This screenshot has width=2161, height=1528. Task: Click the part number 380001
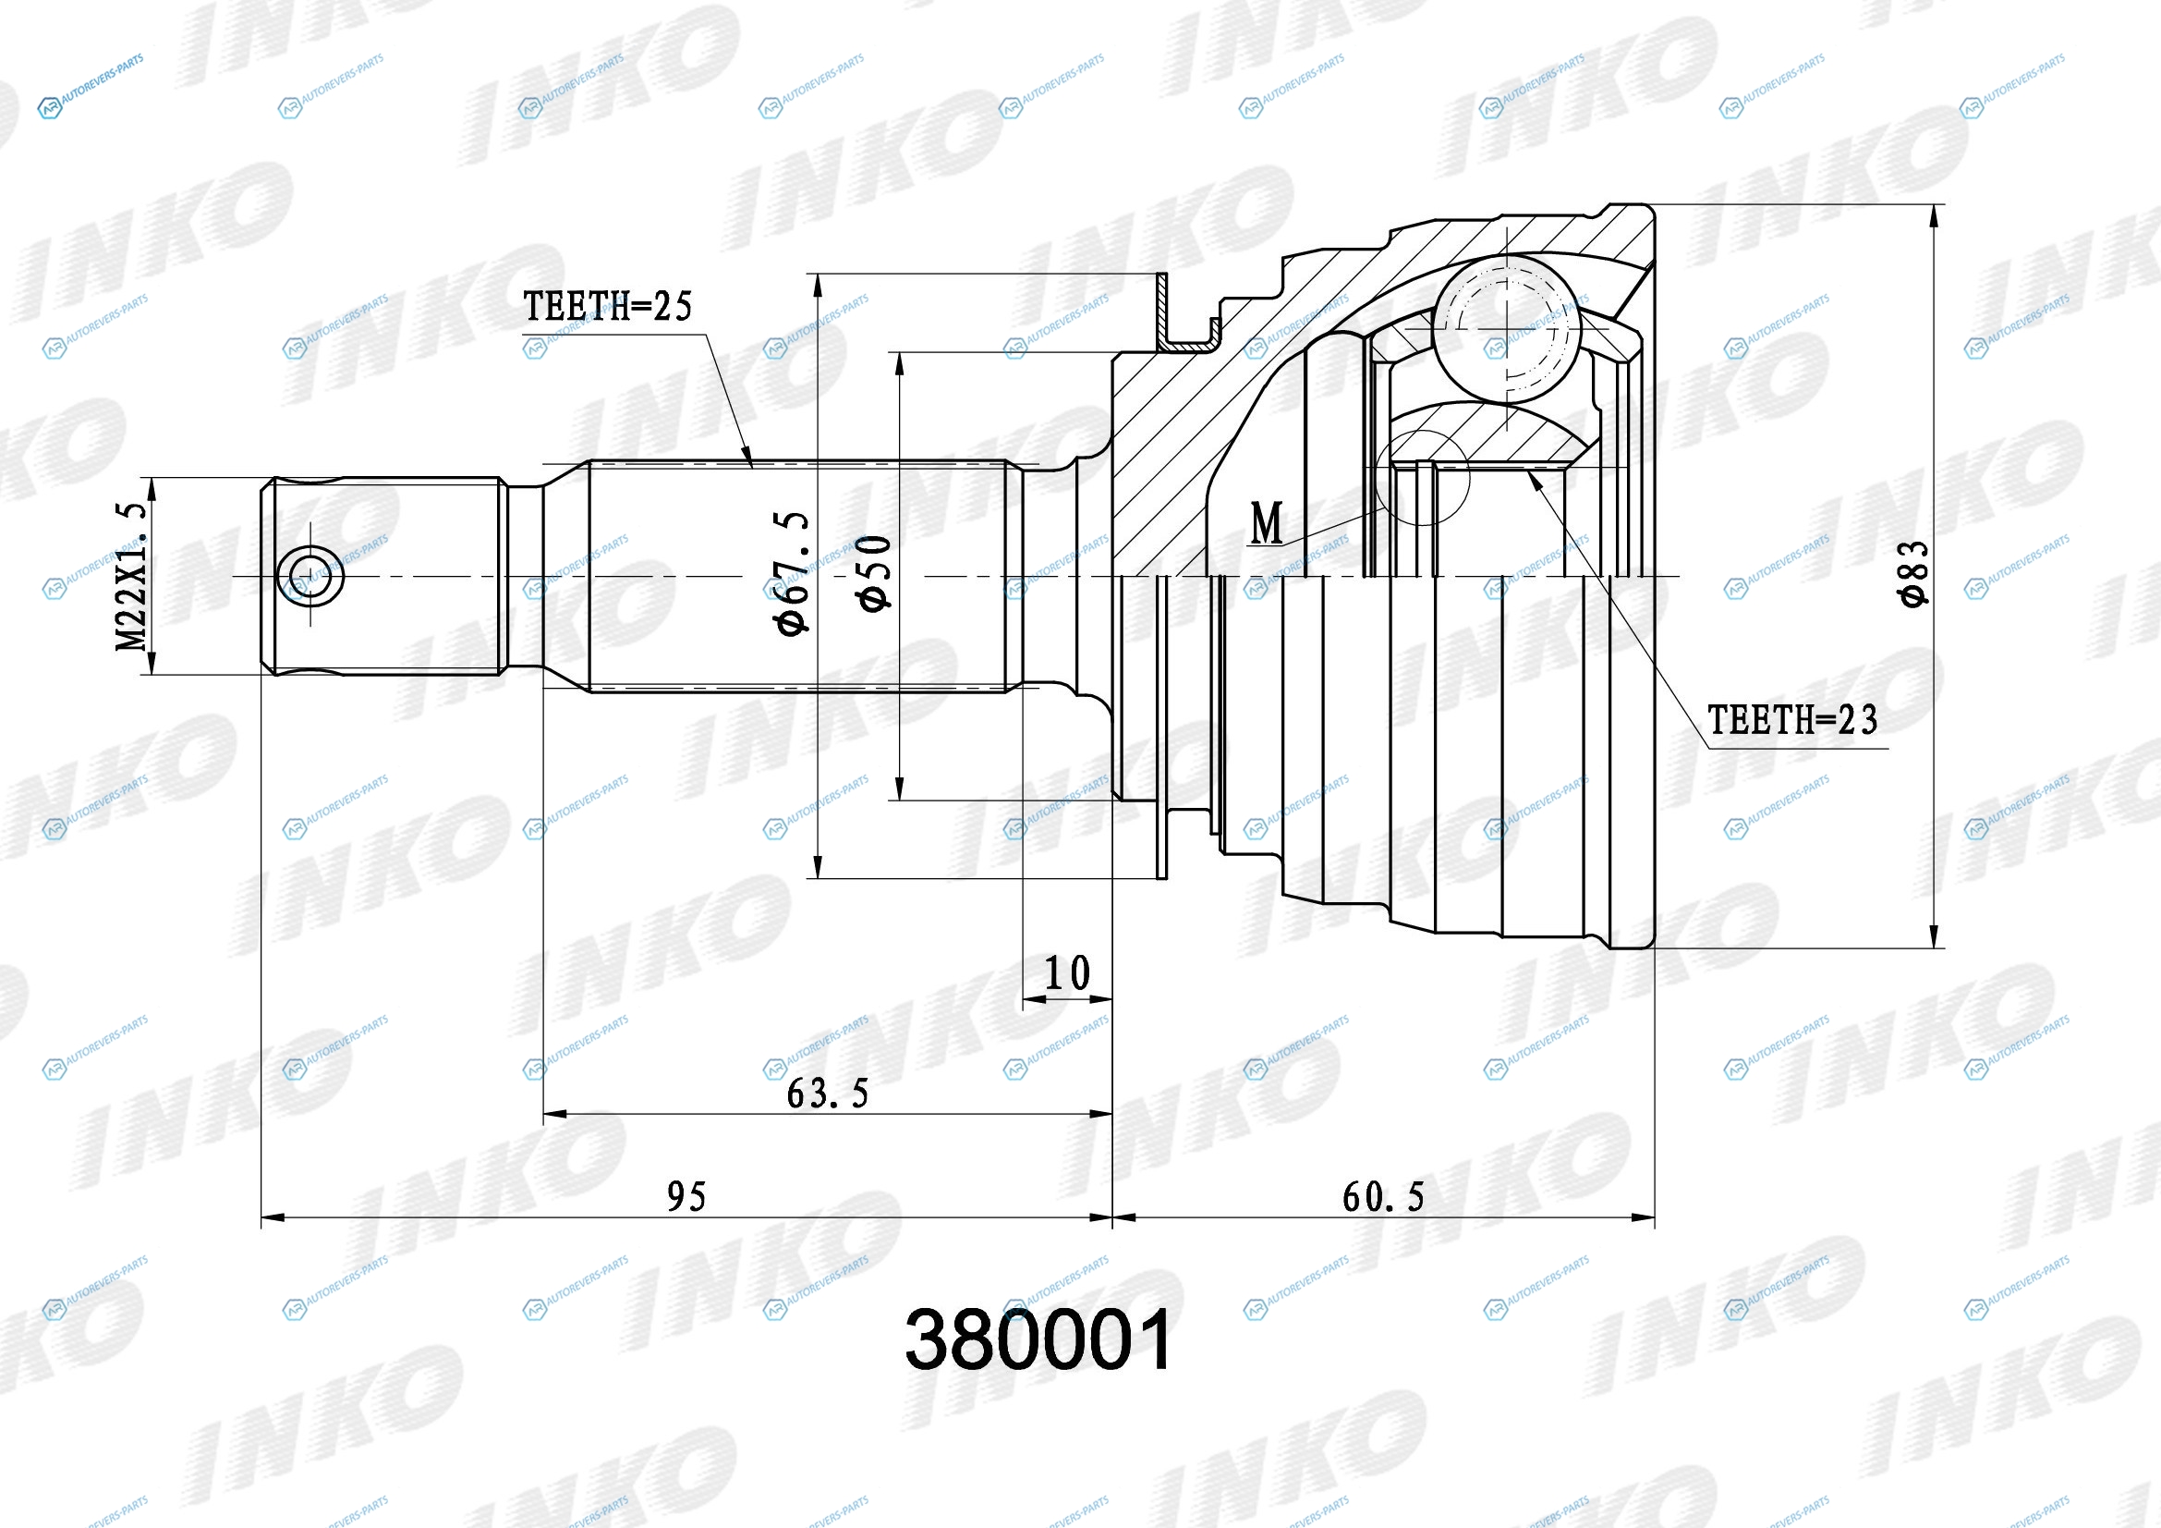click(x=1039, y=1339)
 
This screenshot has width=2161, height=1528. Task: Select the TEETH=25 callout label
click(x=607, y=306)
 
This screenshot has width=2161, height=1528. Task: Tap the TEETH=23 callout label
click(x=1792, y=720)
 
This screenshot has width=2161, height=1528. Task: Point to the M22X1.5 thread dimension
click(x=131, y=576)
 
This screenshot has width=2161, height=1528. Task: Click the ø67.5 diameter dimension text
click(x=793, y=573)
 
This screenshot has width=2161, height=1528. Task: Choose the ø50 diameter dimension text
click(x=873, y=573)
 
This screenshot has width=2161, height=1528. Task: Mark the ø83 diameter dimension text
click(x=1914, y=573)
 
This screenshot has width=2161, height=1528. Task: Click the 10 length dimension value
click(x=1067, y=972)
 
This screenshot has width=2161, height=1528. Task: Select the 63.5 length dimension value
click(x=827, y=1093)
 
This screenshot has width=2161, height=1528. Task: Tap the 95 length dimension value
click(x=686, y=1196)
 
